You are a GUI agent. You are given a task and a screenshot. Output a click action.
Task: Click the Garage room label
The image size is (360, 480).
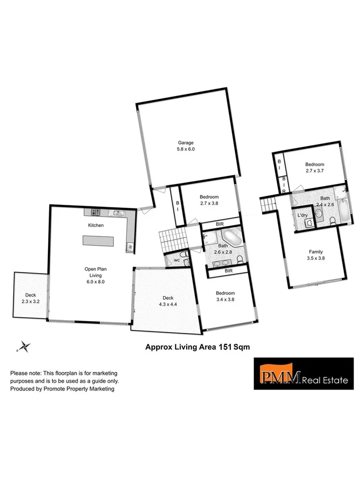tap(186, 146)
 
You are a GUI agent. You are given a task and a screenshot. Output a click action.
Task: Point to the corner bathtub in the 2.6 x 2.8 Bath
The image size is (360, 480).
tap(232, 236)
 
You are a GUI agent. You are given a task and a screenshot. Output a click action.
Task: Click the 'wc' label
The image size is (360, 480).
tap(176, 260)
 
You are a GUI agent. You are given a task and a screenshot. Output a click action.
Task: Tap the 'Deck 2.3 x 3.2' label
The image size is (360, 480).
tap(29, 299)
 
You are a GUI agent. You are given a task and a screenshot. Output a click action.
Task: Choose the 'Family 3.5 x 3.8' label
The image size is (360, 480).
tap(316, 255)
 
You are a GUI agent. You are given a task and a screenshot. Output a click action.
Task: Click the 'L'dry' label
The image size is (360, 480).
tap(302, 215)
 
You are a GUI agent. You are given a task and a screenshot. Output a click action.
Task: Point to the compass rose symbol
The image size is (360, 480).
tap(23, 347)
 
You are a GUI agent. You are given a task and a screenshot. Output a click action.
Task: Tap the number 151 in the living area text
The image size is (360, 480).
tap(224, 346)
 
